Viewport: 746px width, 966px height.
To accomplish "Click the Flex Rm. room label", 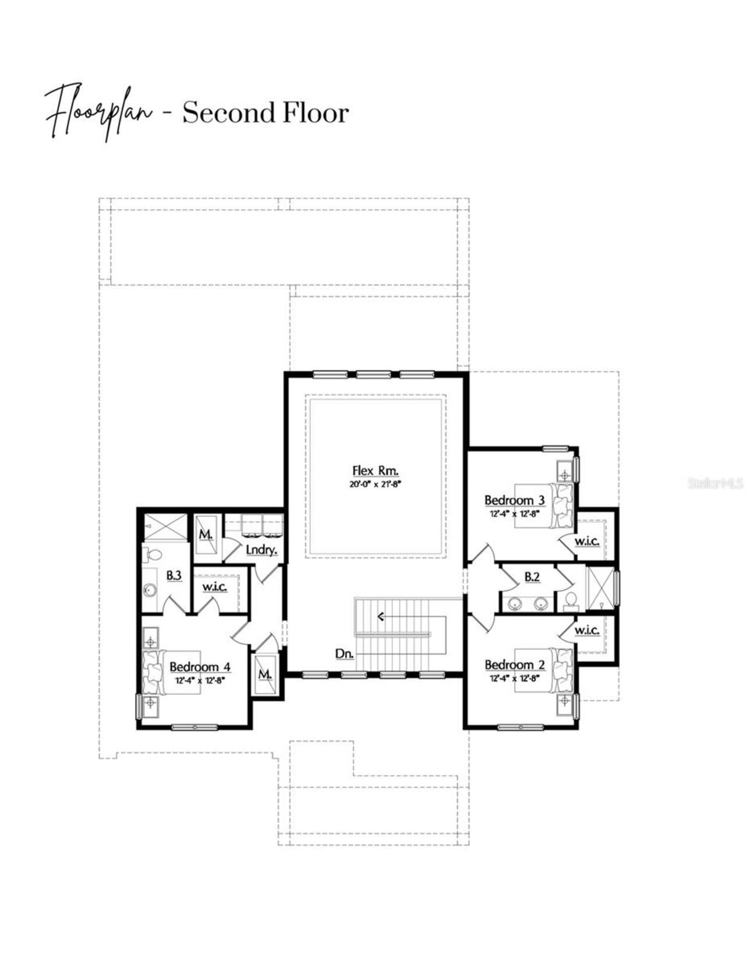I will [375, 471].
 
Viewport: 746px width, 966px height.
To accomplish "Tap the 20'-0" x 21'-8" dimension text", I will [376, 484].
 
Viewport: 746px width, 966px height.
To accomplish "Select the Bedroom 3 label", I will [514, 500].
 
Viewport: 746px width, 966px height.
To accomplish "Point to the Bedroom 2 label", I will [514, 665].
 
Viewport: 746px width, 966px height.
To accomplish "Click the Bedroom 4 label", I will [200, 667].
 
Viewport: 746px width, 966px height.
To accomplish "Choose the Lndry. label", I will [261, 550].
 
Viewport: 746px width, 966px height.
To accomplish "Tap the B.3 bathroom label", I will [174, 576].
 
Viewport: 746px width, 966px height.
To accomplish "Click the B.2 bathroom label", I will [532, 577].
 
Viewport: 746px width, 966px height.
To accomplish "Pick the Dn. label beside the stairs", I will [344, 654].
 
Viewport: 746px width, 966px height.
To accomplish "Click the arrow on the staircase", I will [382, 616].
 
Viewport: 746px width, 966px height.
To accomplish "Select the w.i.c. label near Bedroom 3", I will [586, 542].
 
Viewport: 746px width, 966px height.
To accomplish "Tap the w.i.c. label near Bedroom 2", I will [586, 631].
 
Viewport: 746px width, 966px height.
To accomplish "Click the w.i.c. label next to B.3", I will [214, 587].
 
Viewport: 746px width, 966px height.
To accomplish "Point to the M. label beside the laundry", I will [205, 535].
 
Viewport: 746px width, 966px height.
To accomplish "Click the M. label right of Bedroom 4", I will [265, 675].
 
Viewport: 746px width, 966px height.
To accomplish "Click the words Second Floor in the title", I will [265, 113].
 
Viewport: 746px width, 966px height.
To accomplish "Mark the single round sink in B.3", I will [150, 591].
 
